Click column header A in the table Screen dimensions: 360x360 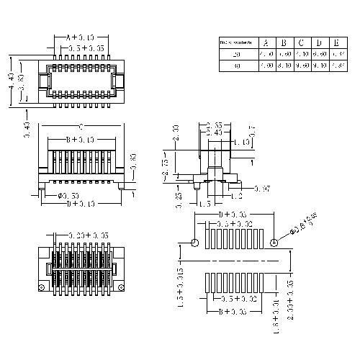[266, 42]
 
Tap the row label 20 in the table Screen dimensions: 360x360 [237, 54]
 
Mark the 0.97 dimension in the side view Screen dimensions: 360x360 [261, 189]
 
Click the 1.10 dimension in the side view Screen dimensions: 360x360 [243, 143]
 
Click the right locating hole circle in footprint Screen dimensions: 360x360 [274, 243]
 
